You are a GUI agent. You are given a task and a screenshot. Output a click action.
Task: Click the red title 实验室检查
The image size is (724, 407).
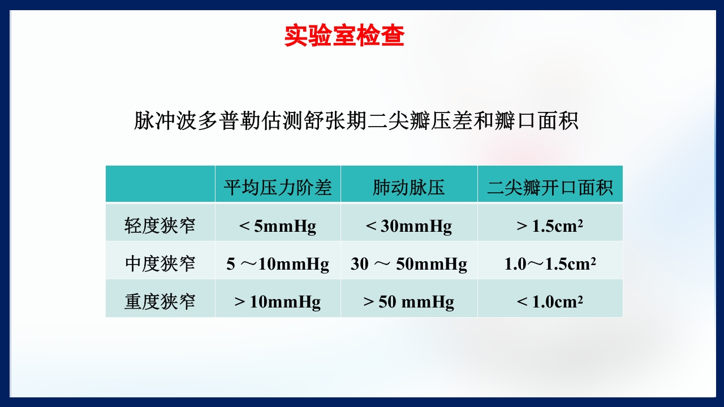pyautogui.click(x=344, y=36)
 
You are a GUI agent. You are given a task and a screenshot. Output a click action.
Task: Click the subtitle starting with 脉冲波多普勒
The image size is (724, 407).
pyautogui.click(x=356, y=121)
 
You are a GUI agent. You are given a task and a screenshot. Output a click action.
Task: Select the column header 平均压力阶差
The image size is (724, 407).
pyautogui.click(x=278, y=187)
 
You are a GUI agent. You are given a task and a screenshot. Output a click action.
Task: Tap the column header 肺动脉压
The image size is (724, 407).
pyautogui.click(x=408, y=187)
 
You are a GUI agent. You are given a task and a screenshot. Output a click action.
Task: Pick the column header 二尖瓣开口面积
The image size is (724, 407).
pyautogui.click(x=550, y=187)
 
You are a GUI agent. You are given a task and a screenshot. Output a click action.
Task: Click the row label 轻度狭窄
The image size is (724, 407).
pyautogui.click(x=160, y=226)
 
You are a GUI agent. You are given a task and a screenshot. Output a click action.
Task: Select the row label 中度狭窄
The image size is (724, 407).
pyautogui.click(x=160, y=263)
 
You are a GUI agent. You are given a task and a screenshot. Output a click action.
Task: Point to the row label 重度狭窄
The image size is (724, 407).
pyautogui.click(x=160, y=301)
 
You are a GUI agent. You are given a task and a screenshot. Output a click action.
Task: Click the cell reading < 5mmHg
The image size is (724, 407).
pyautogui.click(x=278, y=226)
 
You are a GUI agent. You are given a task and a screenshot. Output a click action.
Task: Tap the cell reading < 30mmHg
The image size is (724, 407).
pyautogui.click(x=408, y=226)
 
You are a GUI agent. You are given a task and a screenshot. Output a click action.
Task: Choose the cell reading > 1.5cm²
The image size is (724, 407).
pyautogui.click(x=550, y=226)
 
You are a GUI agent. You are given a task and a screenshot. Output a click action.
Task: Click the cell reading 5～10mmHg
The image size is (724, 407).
pyautogui.click(x=278, y=264)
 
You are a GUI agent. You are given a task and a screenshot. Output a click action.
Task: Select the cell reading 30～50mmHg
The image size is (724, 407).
pyautogui.click(x=408, y=264)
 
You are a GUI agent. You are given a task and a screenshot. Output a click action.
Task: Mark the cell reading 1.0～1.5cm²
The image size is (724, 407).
pyautogui.click(x=550, y=264)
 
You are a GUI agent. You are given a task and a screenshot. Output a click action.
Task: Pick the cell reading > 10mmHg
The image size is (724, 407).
pyautogui.click(x=278, y=302)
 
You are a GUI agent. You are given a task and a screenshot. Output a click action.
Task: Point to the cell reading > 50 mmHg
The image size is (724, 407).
pyautogui.click(x=408, y=302)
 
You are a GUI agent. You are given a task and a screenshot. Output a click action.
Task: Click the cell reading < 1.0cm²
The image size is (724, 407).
pyautogui.click(x=550, y=302)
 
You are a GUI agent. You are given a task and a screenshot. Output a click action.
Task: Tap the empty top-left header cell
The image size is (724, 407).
pyautogui.click(x=160, y=184)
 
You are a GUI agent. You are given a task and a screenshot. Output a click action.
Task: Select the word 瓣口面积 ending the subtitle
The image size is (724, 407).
pyautogui.click(x=537, y=121)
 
